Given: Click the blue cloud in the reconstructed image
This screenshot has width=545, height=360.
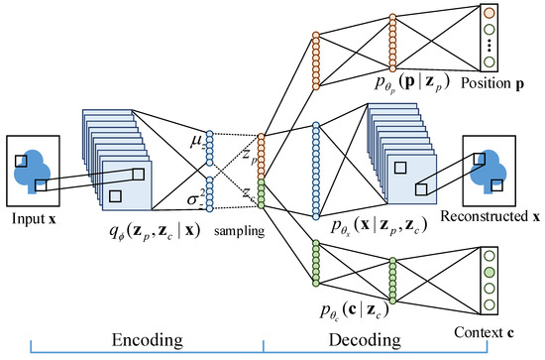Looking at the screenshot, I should [490, 166].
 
